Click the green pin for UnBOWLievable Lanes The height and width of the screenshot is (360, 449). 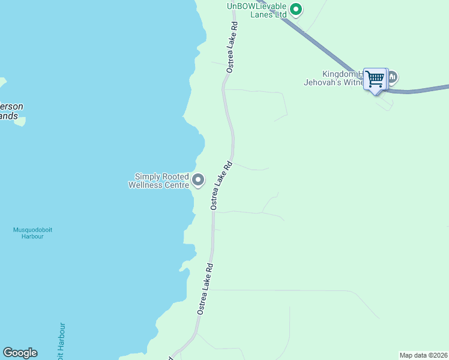pyautogui.click(x=295, y=9)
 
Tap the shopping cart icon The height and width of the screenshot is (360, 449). pyautogui.click(x=375, y=78)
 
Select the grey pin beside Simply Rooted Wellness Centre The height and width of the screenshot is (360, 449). pyautogui.click(x=198, y=179)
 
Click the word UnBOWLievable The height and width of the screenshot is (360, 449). pyautogui.click(x=257, y=6)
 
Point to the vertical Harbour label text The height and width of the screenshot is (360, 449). pyautogui.click(x=61, y=342)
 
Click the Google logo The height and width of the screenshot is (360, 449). pyautogui.click(x=20, y=353)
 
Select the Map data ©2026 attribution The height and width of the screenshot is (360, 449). pyautogui.click(x=423, y=355)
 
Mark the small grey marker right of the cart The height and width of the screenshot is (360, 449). pyautogui.click(x=393, y=77)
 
